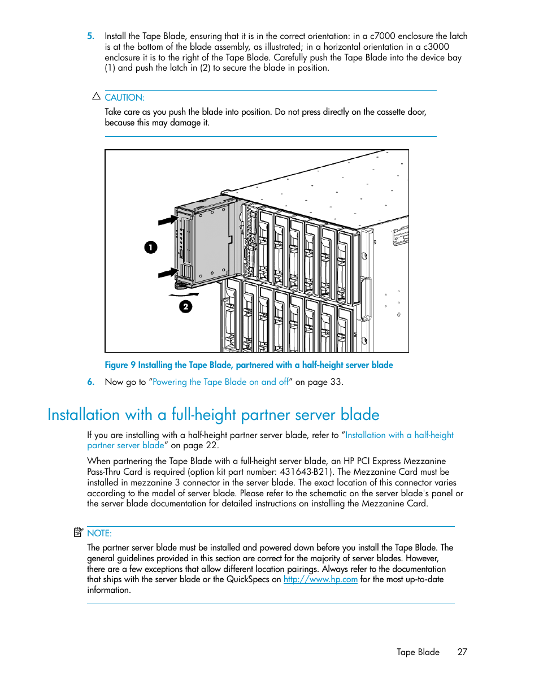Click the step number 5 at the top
point(90,36)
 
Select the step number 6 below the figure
point(90,382)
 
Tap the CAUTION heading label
point(124,98)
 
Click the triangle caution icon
point(96,97)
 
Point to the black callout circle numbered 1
point(151,248)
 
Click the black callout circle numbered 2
point(186,307)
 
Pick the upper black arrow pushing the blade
point(167,220)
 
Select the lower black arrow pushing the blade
point(167,274)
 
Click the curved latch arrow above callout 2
point(184,294)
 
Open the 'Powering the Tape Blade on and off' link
point(220,382)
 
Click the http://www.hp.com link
point(320,579)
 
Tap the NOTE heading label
point(99,534)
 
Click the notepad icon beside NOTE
point(79,532)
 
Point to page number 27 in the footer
point(462,652)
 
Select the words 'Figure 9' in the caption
point(120,365)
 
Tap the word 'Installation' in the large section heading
point(84,415)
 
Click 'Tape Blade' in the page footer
point(418,652)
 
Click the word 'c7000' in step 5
point(382,36)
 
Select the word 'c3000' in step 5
point(436,47)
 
